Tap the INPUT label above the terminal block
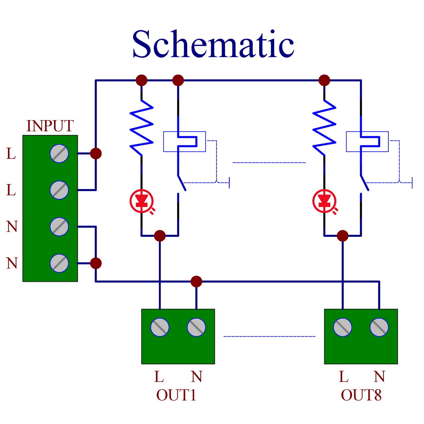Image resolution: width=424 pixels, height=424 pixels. (50, 126)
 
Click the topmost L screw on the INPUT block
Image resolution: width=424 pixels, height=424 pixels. (59, 153)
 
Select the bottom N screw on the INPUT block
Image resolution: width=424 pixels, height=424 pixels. (59, 263)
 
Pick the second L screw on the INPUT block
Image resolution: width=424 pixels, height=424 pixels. (59, 190)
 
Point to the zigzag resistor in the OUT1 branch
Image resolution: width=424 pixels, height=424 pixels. (141, 127)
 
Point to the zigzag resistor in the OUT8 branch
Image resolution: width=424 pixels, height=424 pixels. (324, 127)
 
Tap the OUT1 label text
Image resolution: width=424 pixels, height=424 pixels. (176, 395)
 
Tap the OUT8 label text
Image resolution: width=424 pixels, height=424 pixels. (361, 395)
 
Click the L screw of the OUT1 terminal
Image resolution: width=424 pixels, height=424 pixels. (160, 327)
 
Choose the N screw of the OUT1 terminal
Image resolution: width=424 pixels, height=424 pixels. (196, 327)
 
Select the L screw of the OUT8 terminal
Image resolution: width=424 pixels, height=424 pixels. (343, 327)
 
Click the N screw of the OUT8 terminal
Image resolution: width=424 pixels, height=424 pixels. (379, 327)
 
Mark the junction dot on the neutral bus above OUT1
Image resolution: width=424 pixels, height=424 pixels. (196, 282)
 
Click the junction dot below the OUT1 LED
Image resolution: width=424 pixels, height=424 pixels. (160, 235)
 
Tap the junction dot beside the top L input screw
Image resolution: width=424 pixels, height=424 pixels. (96, 153)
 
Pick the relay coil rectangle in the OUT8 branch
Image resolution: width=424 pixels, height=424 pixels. (347, 142)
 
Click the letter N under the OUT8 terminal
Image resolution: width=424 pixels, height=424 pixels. (379, 377)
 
